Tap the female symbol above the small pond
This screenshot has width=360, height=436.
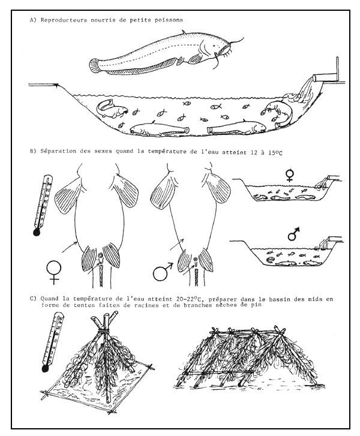coord(290,175)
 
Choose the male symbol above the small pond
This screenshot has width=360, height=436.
coord(293,233)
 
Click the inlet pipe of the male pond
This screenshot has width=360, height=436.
coord(329,239)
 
